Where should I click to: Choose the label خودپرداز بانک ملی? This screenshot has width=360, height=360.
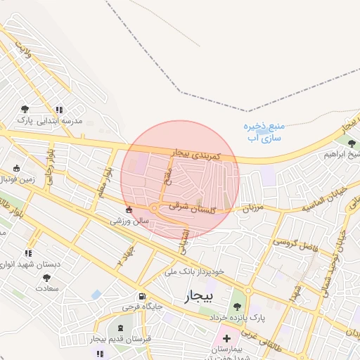pyautogui.click(x=194, y=271)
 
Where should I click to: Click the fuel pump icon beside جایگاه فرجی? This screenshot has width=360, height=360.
pyautogui.click(x=143, y=297)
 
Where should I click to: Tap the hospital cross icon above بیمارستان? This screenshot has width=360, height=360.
pyautogui.click(x=226, y=338)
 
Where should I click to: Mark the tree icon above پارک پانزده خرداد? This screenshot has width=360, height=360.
pyautogui.click(x=237, y=306)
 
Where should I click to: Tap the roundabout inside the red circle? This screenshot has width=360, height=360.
pyautogui.click(x=155, y=207)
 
